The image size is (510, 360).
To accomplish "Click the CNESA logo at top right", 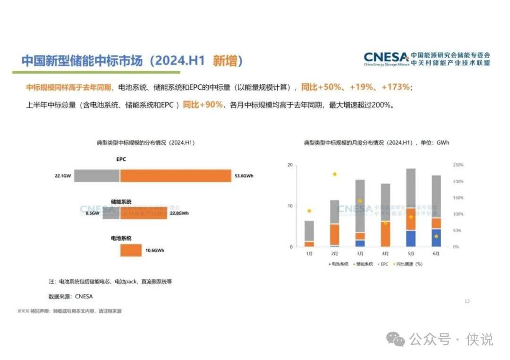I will coord(386,59).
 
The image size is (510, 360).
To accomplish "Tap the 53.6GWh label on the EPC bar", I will coord(244,176).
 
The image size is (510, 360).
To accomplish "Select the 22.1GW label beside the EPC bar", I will coord(63,176).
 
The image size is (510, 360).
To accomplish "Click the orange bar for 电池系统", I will coord(131,250).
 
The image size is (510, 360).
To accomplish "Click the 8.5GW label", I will coord(93,213).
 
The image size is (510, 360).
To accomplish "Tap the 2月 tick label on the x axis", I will coord(334,253).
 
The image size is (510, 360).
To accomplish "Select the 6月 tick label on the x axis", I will coord(436,253).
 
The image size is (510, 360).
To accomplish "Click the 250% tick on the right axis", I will coord(458,165).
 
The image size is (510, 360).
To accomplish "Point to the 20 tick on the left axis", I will coord(290,165).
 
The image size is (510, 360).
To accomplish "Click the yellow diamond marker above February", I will coord(335,174).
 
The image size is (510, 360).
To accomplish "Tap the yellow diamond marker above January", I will coord(309,211).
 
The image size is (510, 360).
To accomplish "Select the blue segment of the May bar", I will coord(411,238).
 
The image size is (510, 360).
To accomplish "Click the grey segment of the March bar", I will coord(360,206).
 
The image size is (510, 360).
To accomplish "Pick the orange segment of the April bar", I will coord(385,234).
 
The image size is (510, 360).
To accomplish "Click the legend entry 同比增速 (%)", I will coord(409,264).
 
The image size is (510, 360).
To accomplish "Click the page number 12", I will coord(467,301).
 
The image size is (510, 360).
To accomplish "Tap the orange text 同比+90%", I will coord(203,105).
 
